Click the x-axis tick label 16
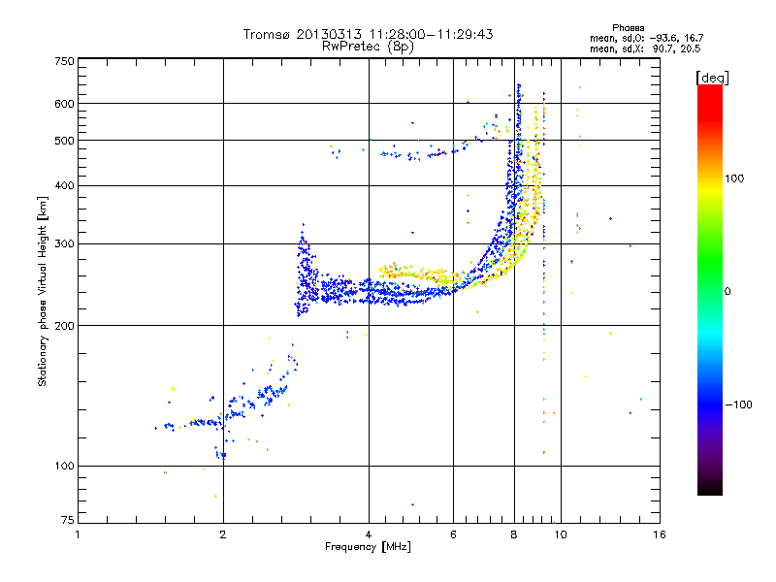pos(659,534)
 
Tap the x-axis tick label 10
pos(560,534)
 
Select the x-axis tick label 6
pos(453,534)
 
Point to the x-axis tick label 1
pos(78,534)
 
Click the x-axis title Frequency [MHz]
pos(368,547)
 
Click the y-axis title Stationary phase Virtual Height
pos(44,291)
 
